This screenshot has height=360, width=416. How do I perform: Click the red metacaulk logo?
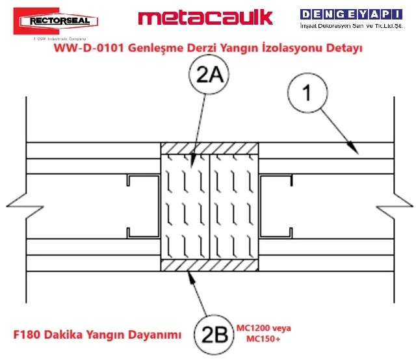[x=205, y=17]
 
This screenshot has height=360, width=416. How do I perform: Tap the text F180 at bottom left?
[x=28, y=335]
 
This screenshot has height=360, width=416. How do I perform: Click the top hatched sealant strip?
[x=210, y=149]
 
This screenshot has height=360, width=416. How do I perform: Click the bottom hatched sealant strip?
[x=210, y=266]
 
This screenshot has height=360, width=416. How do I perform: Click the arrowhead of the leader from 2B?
[x=189, y=274]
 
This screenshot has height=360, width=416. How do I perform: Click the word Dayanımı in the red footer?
[x=155, y=335]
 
